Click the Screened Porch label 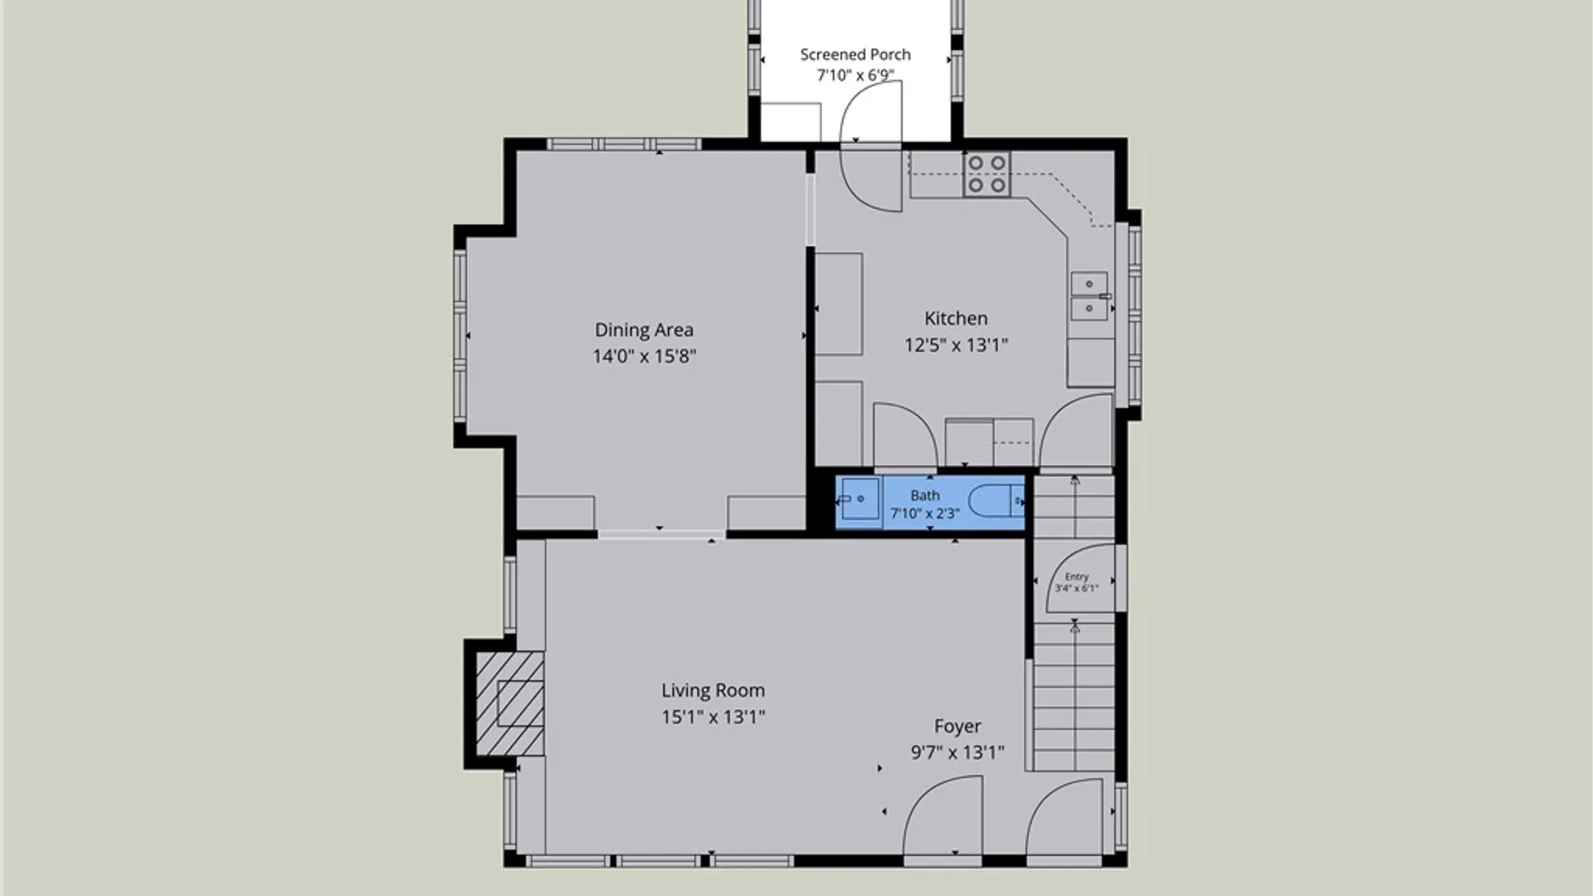pyautogui.click(x=855, y=55)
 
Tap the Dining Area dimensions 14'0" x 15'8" pyautogui.click(x=644, y=357)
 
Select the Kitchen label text pyautogui.click(x=956, y=319)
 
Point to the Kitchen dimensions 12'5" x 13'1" pyautogui.click(x=956, y=345)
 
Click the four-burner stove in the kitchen pyautogui.click(x=987, y=174)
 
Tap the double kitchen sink pyautogui.click(x=1089, y=296)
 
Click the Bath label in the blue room pyautogui.click(x=925, y=495)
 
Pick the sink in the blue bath pyautogui.click(x=860, y=499)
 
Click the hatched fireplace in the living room pyautogui.click(x=509, y=704)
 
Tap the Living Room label pyautogui.click(x=713, y=690)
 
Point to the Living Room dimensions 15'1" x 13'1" pyautogui.click(x=713, y=717)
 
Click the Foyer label pyautogui.click(x=957, y=727)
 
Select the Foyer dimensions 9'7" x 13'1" pyautogui.click(x=957, y=752)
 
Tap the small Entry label pyautogui.click(x=1077, y=577)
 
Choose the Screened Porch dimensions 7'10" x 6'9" pyautogui.click(x=855, y=75)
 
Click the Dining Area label pyautogui.click(x=644, y=330)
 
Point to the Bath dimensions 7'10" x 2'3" pyautogui.click(x=925, y=514)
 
